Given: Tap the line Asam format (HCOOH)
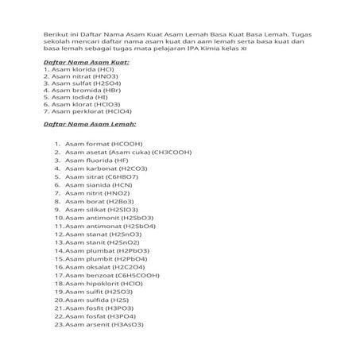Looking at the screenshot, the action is [x=99, y=144].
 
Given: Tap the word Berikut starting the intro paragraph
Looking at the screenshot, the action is [x=55, y=35].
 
